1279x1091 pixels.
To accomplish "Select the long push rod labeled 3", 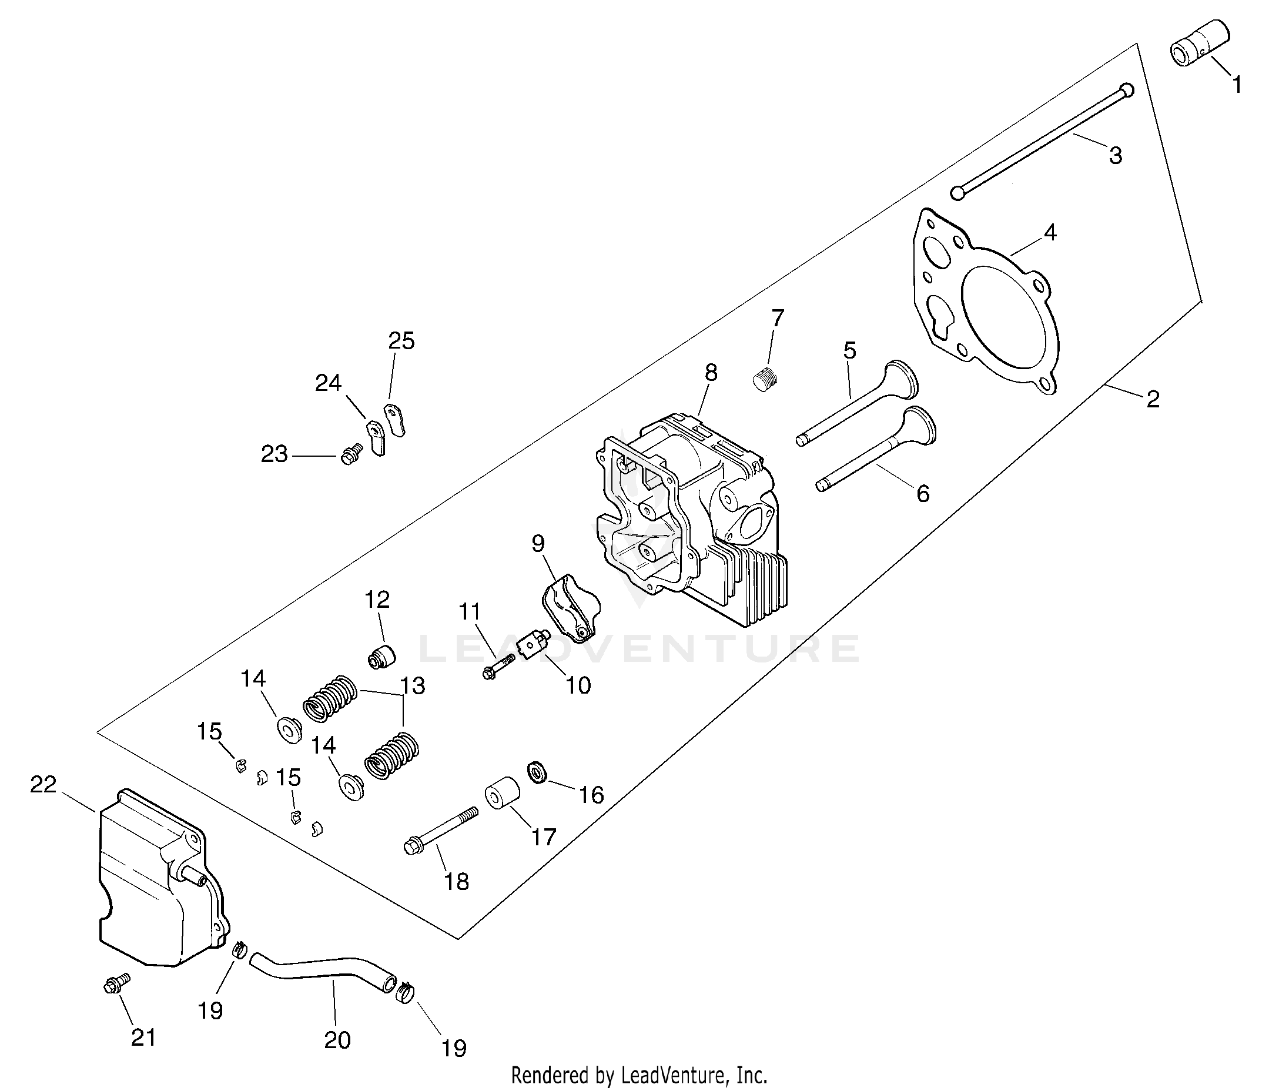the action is (1046, 140).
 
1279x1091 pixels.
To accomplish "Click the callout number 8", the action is (711, 373).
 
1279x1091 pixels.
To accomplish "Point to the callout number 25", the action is (401, 341).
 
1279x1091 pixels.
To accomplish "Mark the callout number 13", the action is (413, 685).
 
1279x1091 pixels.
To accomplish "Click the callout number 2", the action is (1153, 400).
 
